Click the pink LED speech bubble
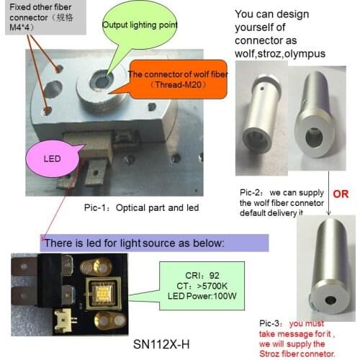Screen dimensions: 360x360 [x=53, y=159]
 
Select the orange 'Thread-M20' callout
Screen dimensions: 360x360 [x=178, y=80]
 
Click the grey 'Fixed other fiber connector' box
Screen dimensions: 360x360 [x=45, y=17]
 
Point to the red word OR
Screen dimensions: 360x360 [x=341, y=194]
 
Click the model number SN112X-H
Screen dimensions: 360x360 [x=161, y=345]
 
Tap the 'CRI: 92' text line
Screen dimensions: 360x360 [x=202, y=276]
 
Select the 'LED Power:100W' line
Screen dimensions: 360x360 [x=202, y=296]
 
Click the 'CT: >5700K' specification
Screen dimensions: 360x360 [x=202, y=286]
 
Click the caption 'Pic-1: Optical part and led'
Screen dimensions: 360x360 [x=141, y=208]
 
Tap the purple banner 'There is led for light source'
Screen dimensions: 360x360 [x=154, y=243]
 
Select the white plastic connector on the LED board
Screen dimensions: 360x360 [x=63, y=319]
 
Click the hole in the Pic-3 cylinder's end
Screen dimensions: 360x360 [x=330, y=300]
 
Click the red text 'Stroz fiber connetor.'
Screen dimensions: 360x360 [x=297, y=354]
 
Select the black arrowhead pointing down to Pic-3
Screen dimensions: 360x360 [x=329, y=212]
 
